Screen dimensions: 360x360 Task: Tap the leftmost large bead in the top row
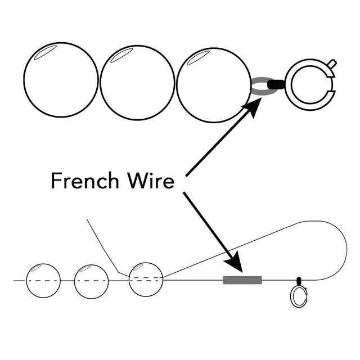(x=61, y=80)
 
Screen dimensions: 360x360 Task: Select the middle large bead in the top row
(x=137, y=82)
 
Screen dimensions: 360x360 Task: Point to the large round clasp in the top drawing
(x=310, y=85)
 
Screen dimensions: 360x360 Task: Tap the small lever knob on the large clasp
(x=332, y=64)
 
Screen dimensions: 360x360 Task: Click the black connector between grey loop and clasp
(x=276, y=85)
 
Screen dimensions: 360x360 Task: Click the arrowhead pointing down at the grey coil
(x=233, y=262)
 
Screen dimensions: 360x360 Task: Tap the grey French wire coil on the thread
(x=242, y=280)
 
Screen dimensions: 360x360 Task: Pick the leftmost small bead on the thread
(x=43, y=280)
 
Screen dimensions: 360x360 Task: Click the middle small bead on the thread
(x=91, y=281)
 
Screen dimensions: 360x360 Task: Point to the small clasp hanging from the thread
(x=299, y=296)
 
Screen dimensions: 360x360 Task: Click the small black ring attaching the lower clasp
(x=299, y=280)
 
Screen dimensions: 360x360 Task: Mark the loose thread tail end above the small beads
(x=88, y=220)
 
